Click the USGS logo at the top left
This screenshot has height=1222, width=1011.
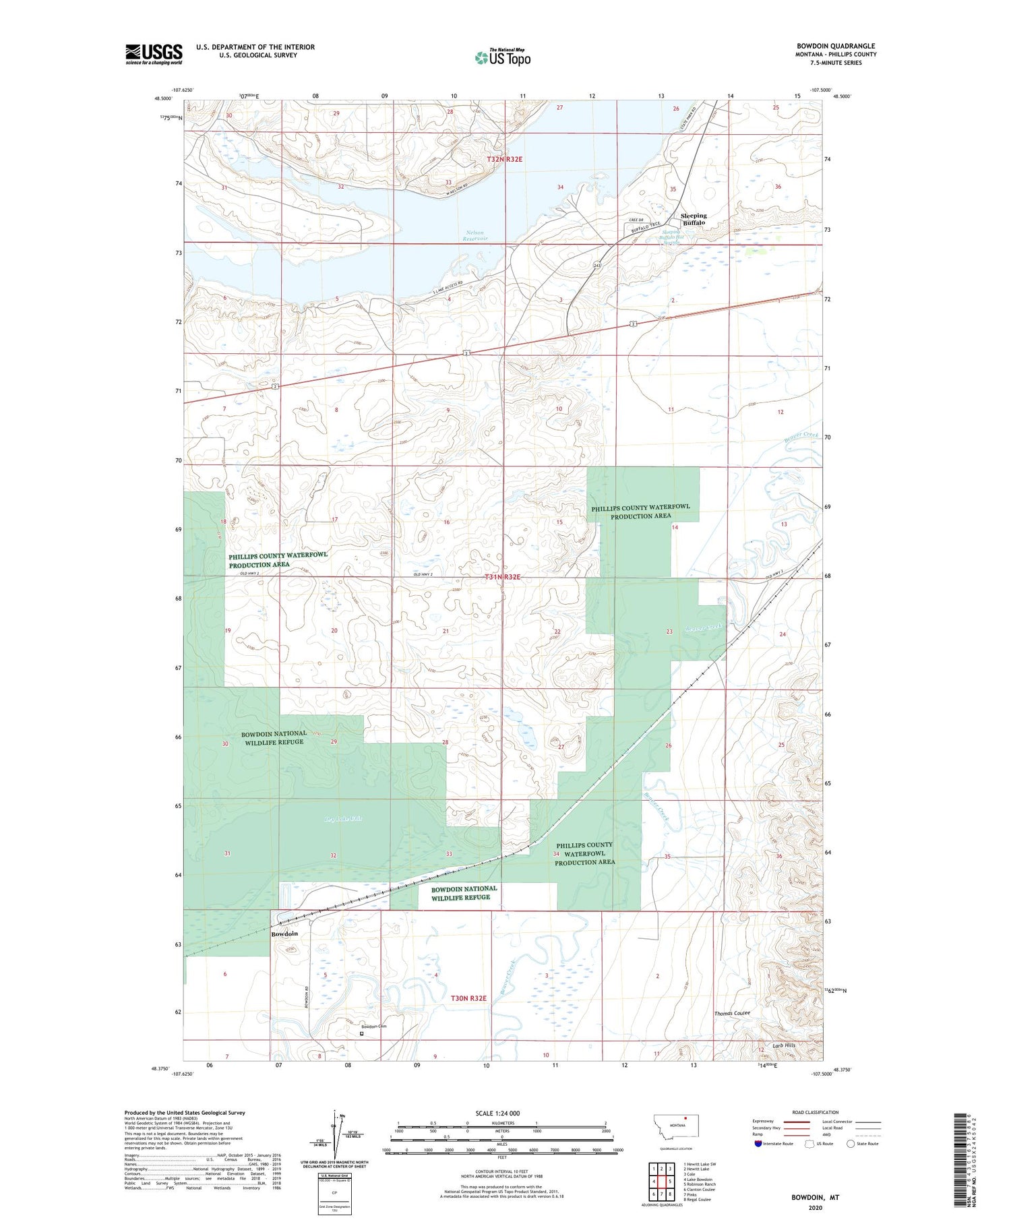pyautogui.click(x=154, y=54)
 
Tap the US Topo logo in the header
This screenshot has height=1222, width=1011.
pyautogui.click(x=502, y=57)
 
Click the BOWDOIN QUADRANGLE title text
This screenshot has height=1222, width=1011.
pyautogui.click(x=836, y=46)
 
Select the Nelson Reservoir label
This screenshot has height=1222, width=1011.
pyautogui.click(x=474, y=236)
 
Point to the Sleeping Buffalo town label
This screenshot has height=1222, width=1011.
pyautogui.click(x=694, y=219)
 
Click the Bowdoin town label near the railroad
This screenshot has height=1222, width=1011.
pyautogui.click(x=284, y=934)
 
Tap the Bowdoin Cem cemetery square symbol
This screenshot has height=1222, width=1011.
pyautogui.click(x=361, y=1033)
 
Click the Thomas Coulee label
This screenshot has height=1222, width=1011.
pyautogui.click(x=732, y=1013)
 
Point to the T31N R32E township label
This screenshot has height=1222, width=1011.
pyautogui.click(x=503, y=577)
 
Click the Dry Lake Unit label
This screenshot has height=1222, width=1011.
pyautogui.click(x=343, y=819)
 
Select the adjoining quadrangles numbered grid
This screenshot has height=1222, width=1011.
pyautogui.click(x=661, y=1178)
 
